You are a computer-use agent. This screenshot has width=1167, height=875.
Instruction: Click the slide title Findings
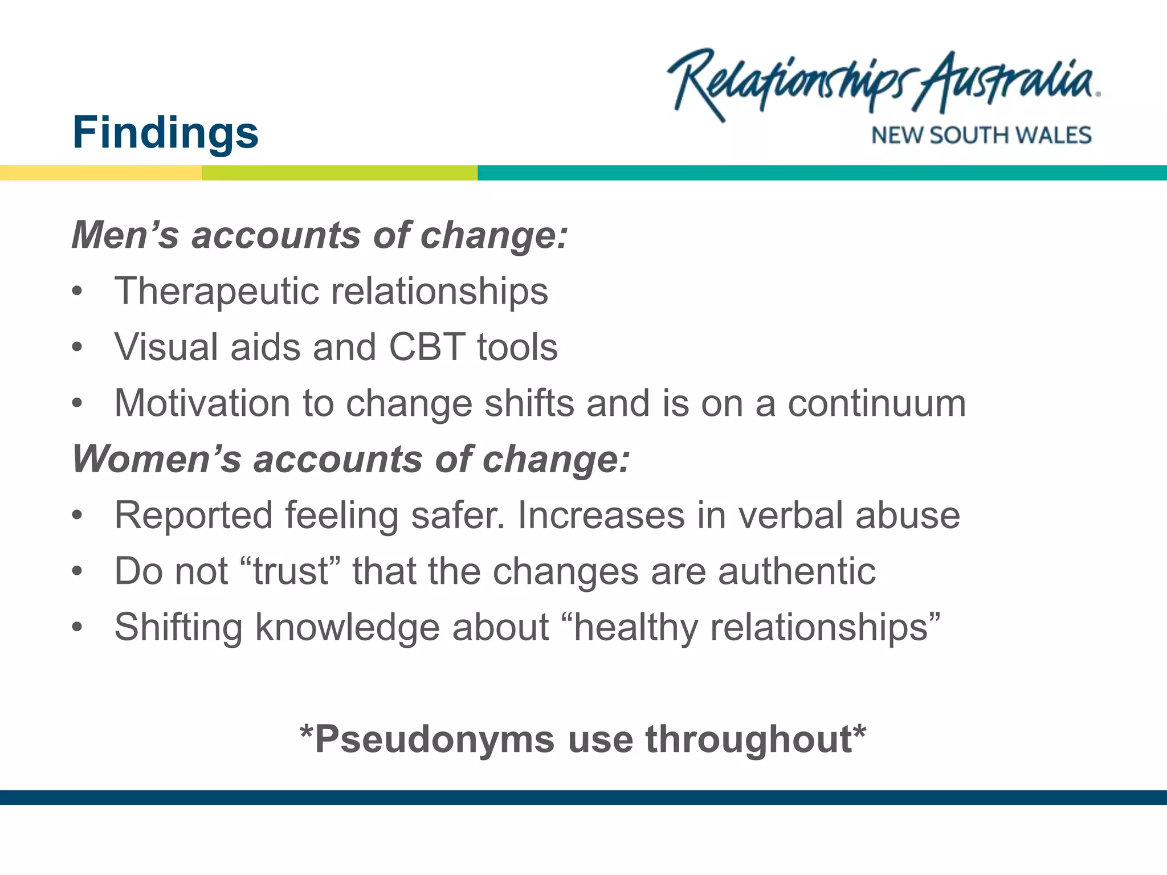(x=165, y=132)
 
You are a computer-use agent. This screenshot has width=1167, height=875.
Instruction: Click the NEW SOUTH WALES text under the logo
(x=981, y=136)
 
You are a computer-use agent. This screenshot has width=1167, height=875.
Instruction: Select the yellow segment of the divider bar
(x=101, y=173)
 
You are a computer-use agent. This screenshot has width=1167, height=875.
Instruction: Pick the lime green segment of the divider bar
(x=340, y=173)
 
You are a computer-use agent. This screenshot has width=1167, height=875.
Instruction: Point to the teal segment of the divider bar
(x=821, y=173)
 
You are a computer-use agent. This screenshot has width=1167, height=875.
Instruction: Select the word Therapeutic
(x=217, y=292)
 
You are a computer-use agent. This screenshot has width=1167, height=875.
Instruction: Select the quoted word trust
(x=291, y=571)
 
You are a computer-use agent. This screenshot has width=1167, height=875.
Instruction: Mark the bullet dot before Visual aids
(x=77, y=347)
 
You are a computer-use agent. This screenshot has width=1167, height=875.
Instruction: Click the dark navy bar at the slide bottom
(x=583, y=797)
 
